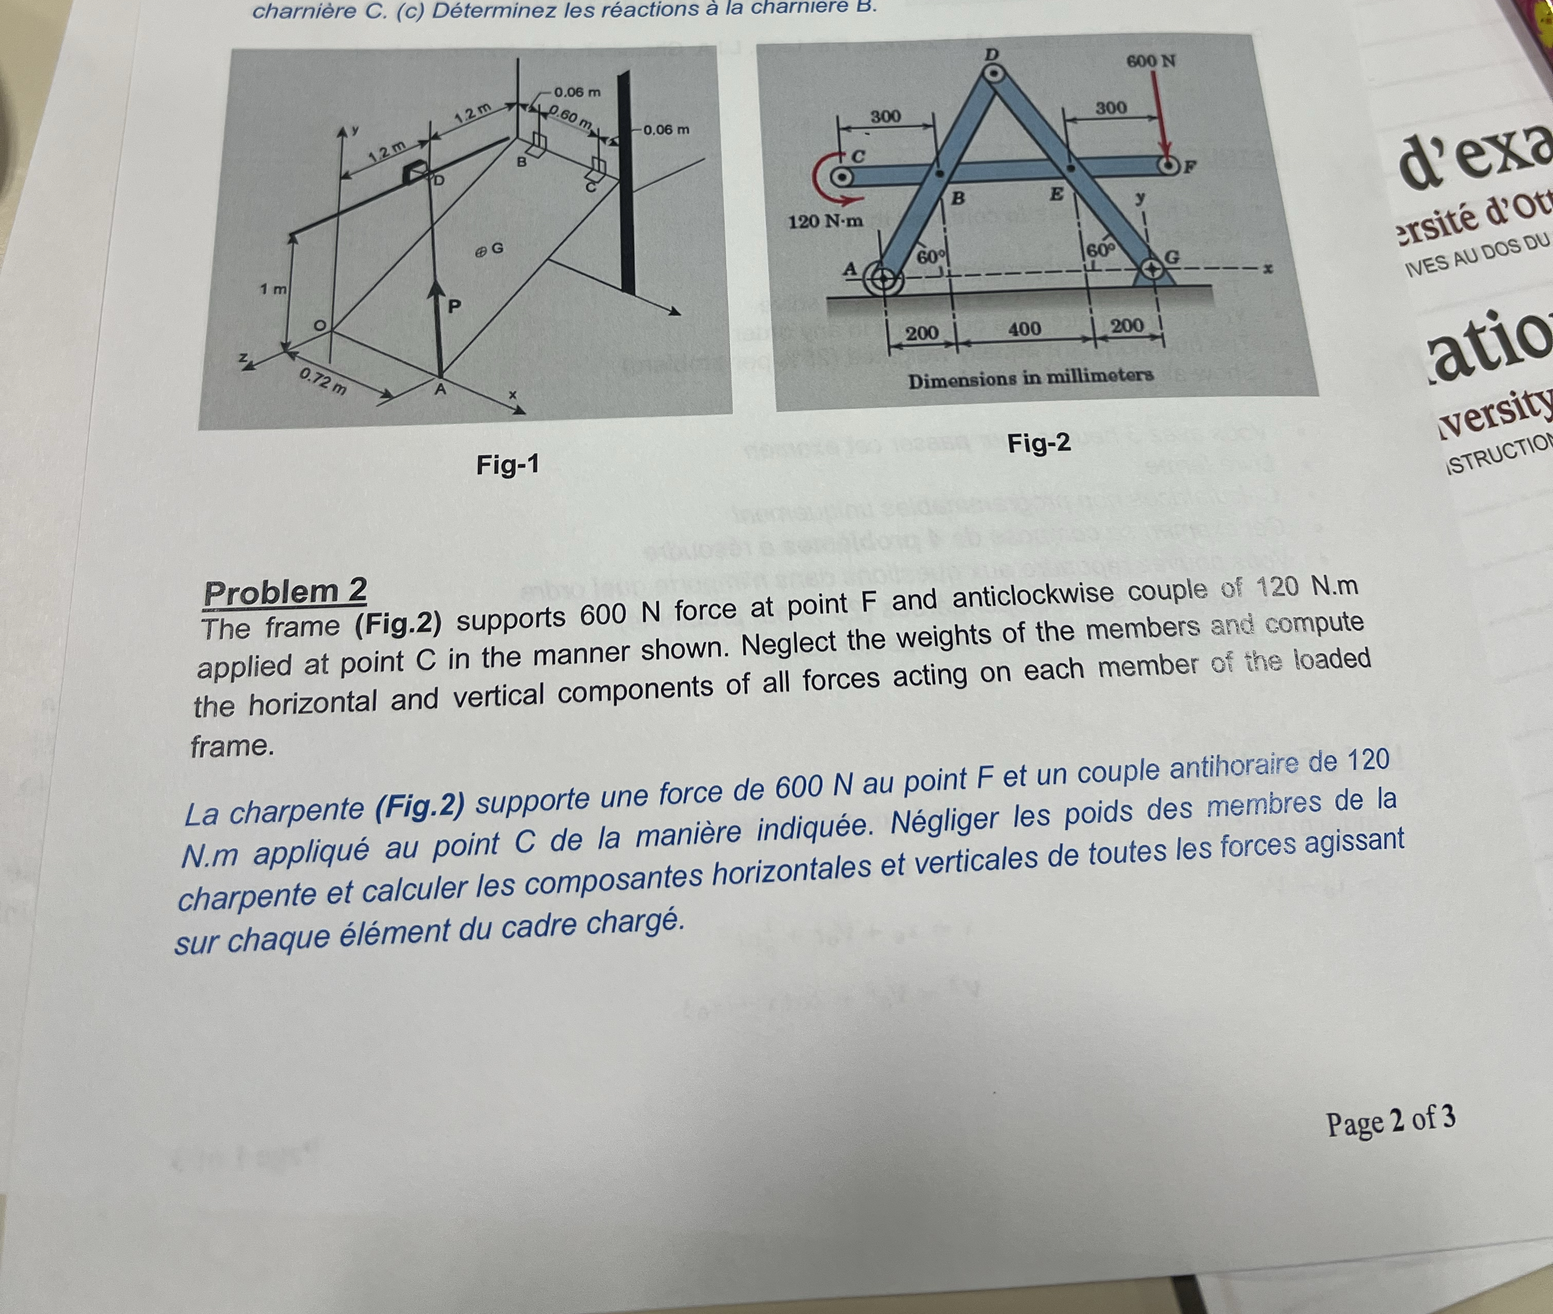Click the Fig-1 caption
click(507, 465)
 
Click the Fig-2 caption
click(1038, 443)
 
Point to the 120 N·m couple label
click(825, 221)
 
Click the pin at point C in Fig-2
click(842, 177)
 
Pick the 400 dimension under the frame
click(1024, 329)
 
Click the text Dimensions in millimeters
click(1030, 377)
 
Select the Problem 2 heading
click(285, 592)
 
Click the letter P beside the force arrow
click(454, 306)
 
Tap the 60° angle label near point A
click(928, 257)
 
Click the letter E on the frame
click(1055, 195)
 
